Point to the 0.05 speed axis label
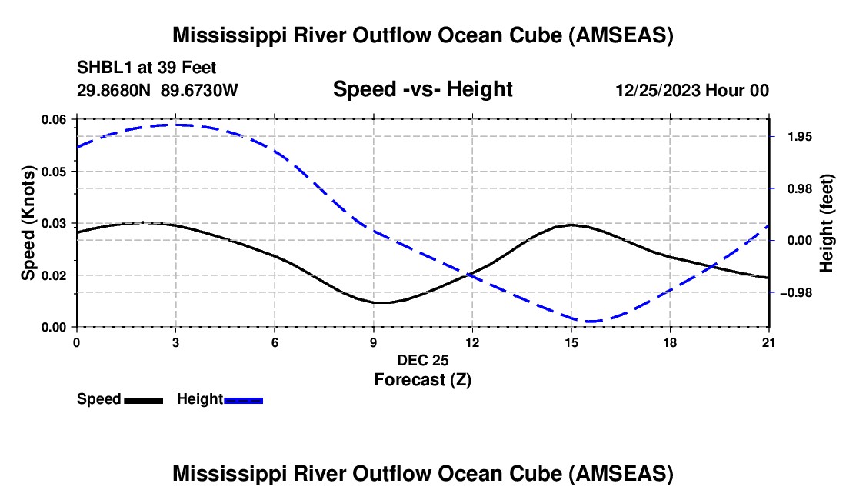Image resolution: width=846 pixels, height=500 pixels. coord(54,172)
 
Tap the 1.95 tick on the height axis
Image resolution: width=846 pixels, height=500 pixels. coord(800,137)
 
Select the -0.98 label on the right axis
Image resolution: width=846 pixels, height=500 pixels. coord(796,293)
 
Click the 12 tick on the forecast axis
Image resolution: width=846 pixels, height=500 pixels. coord(472,342)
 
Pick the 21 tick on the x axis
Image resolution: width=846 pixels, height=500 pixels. coord(768,342)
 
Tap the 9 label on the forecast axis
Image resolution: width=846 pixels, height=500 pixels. coord(373,342)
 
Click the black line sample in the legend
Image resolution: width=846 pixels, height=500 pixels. coord(144,401)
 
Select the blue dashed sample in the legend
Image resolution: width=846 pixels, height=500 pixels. coord(243,401)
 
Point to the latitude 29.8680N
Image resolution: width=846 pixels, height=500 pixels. coord(114,90)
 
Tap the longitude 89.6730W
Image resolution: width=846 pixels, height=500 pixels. coord(199,90)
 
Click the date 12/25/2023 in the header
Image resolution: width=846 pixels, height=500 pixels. coord(658,90)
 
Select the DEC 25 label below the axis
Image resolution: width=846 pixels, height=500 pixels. coord(423,360)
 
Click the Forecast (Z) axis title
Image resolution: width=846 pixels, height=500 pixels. coord(423,380)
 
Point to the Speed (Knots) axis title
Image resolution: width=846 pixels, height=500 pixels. coord(28,223)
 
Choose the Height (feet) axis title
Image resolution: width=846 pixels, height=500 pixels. coord(826,223)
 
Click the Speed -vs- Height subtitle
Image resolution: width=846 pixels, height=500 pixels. coord(423,89)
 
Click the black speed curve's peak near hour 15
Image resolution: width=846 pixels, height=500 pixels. coord(571,225)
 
